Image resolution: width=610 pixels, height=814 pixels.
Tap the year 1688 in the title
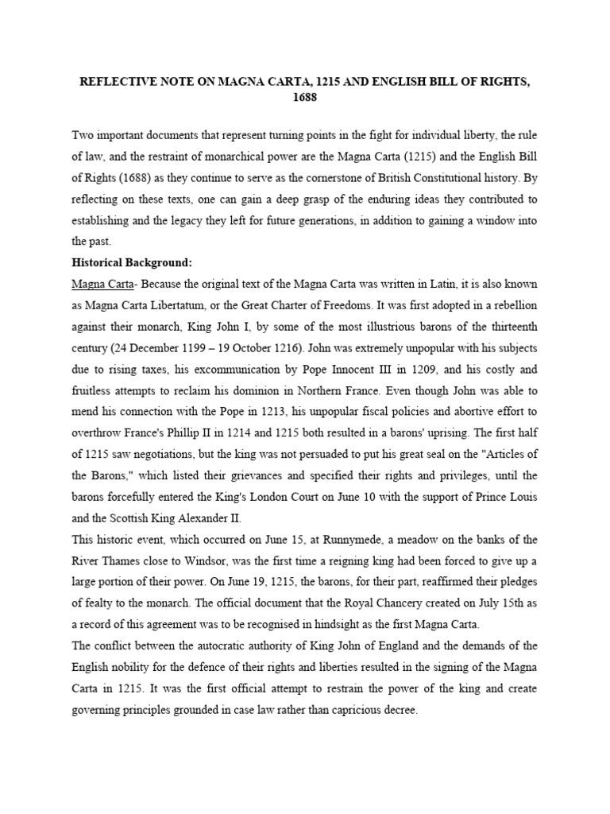coord(306,99)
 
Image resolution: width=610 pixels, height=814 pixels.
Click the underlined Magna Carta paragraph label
coord(96,284)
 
